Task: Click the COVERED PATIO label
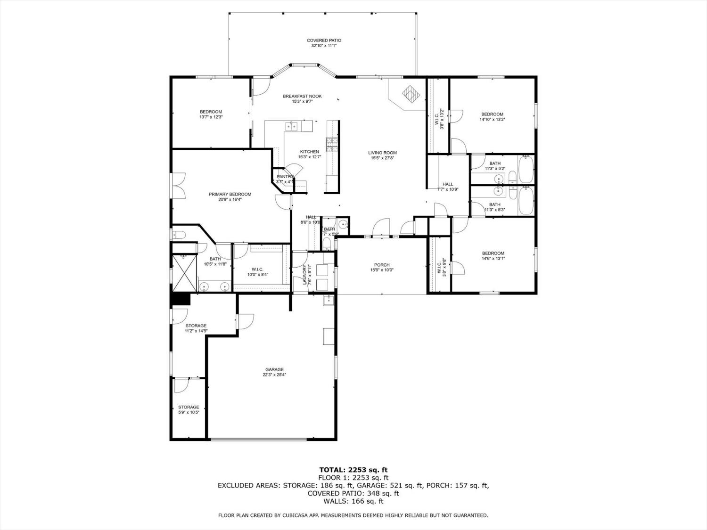(x=324, y=41)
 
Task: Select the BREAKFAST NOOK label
(x=302, y=96)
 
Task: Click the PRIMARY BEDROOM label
(x=230, y=194)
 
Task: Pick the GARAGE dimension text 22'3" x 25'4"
(x=274, y=375)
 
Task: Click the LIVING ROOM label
(x=382, y=153)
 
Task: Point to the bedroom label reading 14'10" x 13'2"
(x=492, y=119)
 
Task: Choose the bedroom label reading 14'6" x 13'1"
(x=493, y=258)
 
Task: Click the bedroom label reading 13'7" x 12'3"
(x=211, y=117)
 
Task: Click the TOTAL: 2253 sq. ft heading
(x=353, y=470)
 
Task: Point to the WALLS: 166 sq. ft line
(x=353, y=501)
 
